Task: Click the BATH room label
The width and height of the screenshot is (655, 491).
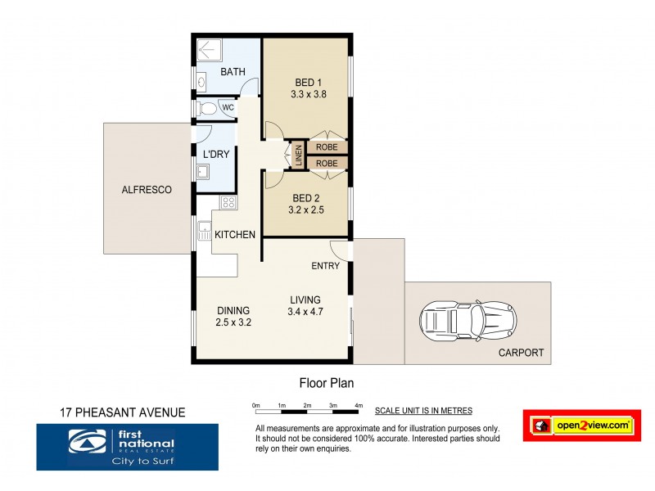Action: pyautogui.click(x=233, y=73)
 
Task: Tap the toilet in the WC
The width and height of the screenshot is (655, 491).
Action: pyautogui.click(x=208, y=108)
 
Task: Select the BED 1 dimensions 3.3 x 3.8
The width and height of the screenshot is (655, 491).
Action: pyautogui.click(x=309, y=95)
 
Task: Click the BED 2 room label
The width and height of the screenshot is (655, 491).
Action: pyautogui.click(x=305, y=198)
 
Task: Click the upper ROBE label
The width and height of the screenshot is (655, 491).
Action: pyautogui.click(x=327, y=147)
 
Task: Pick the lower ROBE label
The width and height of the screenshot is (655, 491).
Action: pyautogui.click(x=327, y=164)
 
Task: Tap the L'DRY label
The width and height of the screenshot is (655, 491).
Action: pyautogui.click(x=216, y=154)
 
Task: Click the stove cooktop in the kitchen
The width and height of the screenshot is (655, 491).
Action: pyautogui.click(x=228, y=202)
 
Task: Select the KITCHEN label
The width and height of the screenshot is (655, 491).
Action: pyautogui.click(x=235, y=235)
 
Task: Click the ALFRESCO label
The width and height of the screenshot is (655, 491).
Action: pyautogui.click(x=147, y=190)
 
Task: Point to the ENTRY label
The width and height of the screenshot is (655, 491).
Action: pyautogui.click(x=326, y=267)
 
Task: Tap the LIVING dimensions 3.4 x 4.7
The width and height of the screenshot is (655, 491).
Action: pyautogui.click(x=304, y=311)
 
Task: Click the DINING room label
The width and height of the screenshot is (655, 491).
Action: pyautogui.click(x=233, y=310)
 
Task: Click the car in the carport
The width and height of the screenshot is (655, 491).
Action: pyautogui.click(x=467, y=321)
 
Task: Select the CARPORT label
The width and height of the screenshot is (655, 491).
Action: pyautogui.click(x=521, y=354)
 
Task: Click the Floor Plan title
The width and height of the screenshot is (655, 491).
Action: pyautogui.click(x=325, y=382)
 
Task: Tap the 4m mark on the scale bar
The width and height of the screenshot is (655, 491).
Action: pyautogui.click(x=359, y=406)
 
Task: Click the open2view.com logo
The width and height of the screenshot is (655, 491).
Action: pyautogui.click(x=581, y=426)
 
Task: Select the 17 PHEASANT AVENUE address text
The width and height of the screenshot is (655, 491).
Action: pyautogui.click(x=124, y=412)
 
